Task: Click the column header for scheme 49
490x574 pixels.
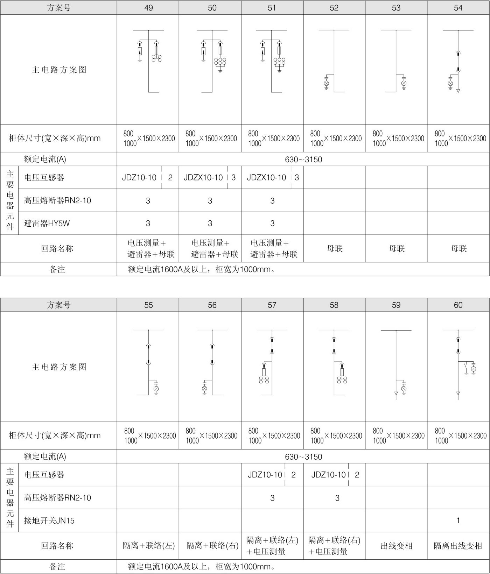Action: tap(148, 8)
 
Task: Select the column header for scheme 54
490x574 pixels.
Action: tap(458, 8)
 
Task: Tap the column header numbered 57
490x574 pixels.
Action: tap(272, 305)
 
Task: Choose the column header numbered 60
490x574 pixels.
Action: tap(458, 305)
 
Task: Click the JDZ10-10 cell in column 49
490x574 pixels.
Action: tap(139, 178)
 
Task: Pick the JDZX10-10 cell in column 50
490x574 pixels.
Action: tap(203, 178)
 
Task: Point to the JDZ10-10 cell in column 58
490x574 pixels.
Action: tap(328, 475)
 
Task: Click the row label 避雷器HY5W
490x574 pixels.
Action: tap(47, 223)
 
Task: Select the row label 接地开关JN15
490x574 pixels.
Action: tap(49, 520)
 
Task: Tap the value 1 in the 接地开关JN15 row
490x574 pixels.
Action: tap(458, 520)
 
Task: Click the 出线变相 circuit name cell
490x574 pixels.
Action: tap(397, 546)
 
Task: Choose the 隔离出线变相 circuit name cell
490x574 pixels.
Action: tap(458, 546)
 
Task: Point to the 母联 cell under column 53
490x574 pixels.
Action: tap(397, 249)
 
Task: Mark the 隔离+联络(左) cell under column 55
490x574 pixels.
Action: tap(148, 545)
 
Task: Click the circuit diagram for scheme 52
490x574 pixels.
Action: tap(334, 61)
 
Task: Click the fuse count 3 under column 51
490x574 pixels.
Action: tap(272, 201)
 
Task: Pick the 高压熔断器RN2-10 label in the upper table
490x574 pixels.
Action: tap(57, 200)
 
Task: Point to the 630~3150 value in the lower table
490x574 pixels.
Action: tap(303, 456)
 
